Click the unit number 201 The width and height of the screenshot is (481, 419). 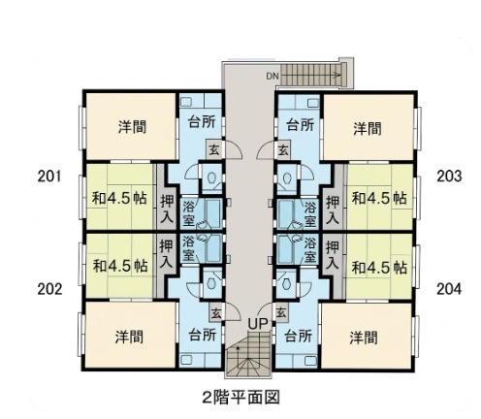point(49,177)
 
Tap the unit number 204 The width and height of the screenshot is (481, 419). point(449,289)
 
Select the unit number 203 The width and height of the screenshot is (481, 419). point(449,177)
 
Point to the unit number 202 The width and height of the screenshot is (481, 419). point(49,289)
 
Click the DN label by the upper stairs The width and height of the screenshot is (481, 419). point(273,77)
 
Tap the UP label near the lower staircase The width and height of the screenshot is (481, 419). point(258,323)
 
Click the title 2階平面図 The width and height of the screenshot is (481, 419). point(240,397)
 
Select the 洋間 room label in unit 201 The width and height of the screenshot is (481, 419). point(132,126)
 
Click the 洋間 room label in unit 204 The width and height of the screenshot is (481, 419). point(364,338)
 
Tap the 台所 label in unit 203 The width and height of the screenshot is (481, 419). point(301,125)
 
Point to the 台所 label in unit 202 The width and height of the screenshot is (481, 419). point(203,335)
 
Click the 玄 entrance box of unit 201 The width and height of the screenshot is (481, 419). point(213,149)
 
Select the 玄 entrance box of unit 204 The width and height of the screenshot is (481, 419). point(281,312)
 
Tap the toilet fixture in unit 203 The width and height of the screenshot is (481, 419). point(287,177)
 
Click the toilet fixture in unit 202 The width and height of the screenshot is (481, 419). point(211,283)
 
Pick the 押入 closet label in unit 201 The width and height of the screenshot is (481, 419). point(167,209)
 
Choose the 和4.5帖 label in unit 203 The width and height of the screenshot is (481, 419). point(379,198)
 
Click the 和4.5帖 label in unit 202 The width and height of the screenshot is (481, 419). point(120,266)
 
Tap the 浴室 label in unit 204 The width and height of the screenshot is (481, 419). point(310,249)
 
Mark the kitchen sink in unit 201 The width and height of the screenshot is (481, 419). point(186,102)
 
